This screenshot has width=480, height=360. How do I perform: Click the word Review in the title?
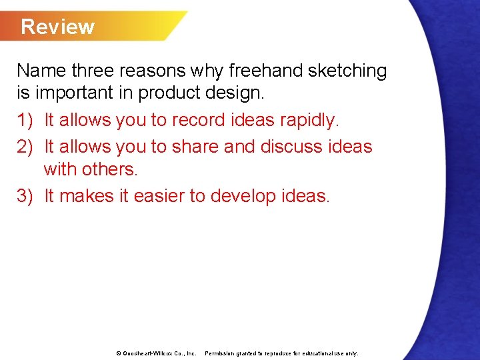57,27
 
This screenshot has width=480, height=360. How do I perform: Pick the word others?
110,169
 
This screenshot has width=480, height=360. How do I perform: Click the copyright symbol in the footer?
117,353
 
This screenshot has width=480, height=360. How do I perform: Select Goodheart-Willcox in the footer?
147,353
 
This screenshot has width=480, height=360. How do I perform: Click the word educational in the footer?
315,353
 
